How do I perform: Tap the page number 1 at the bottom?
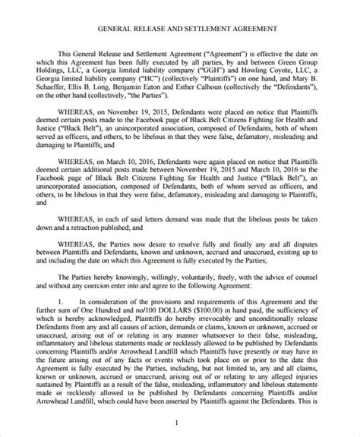pyautogui.click(x=176, y=422)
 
